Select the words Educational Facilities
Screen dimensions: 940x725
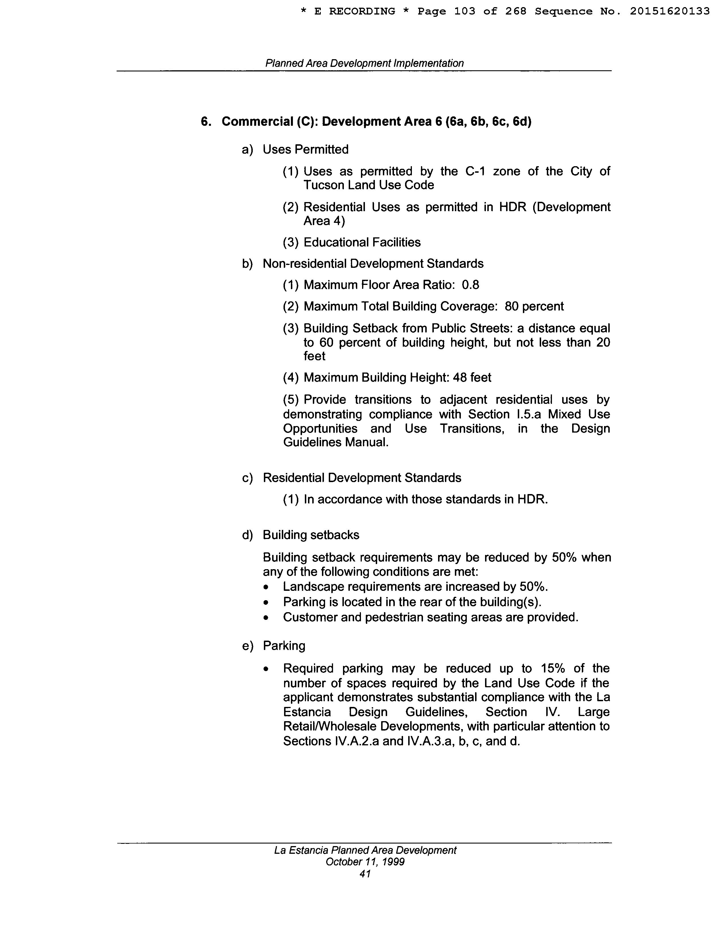(362, 242)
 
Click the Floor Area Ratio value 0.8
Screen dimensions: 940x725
(470, 285)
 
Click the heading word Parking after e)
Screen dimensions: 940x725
(284, 646)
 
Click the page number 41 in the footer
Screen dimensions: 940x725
(365, 874)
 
